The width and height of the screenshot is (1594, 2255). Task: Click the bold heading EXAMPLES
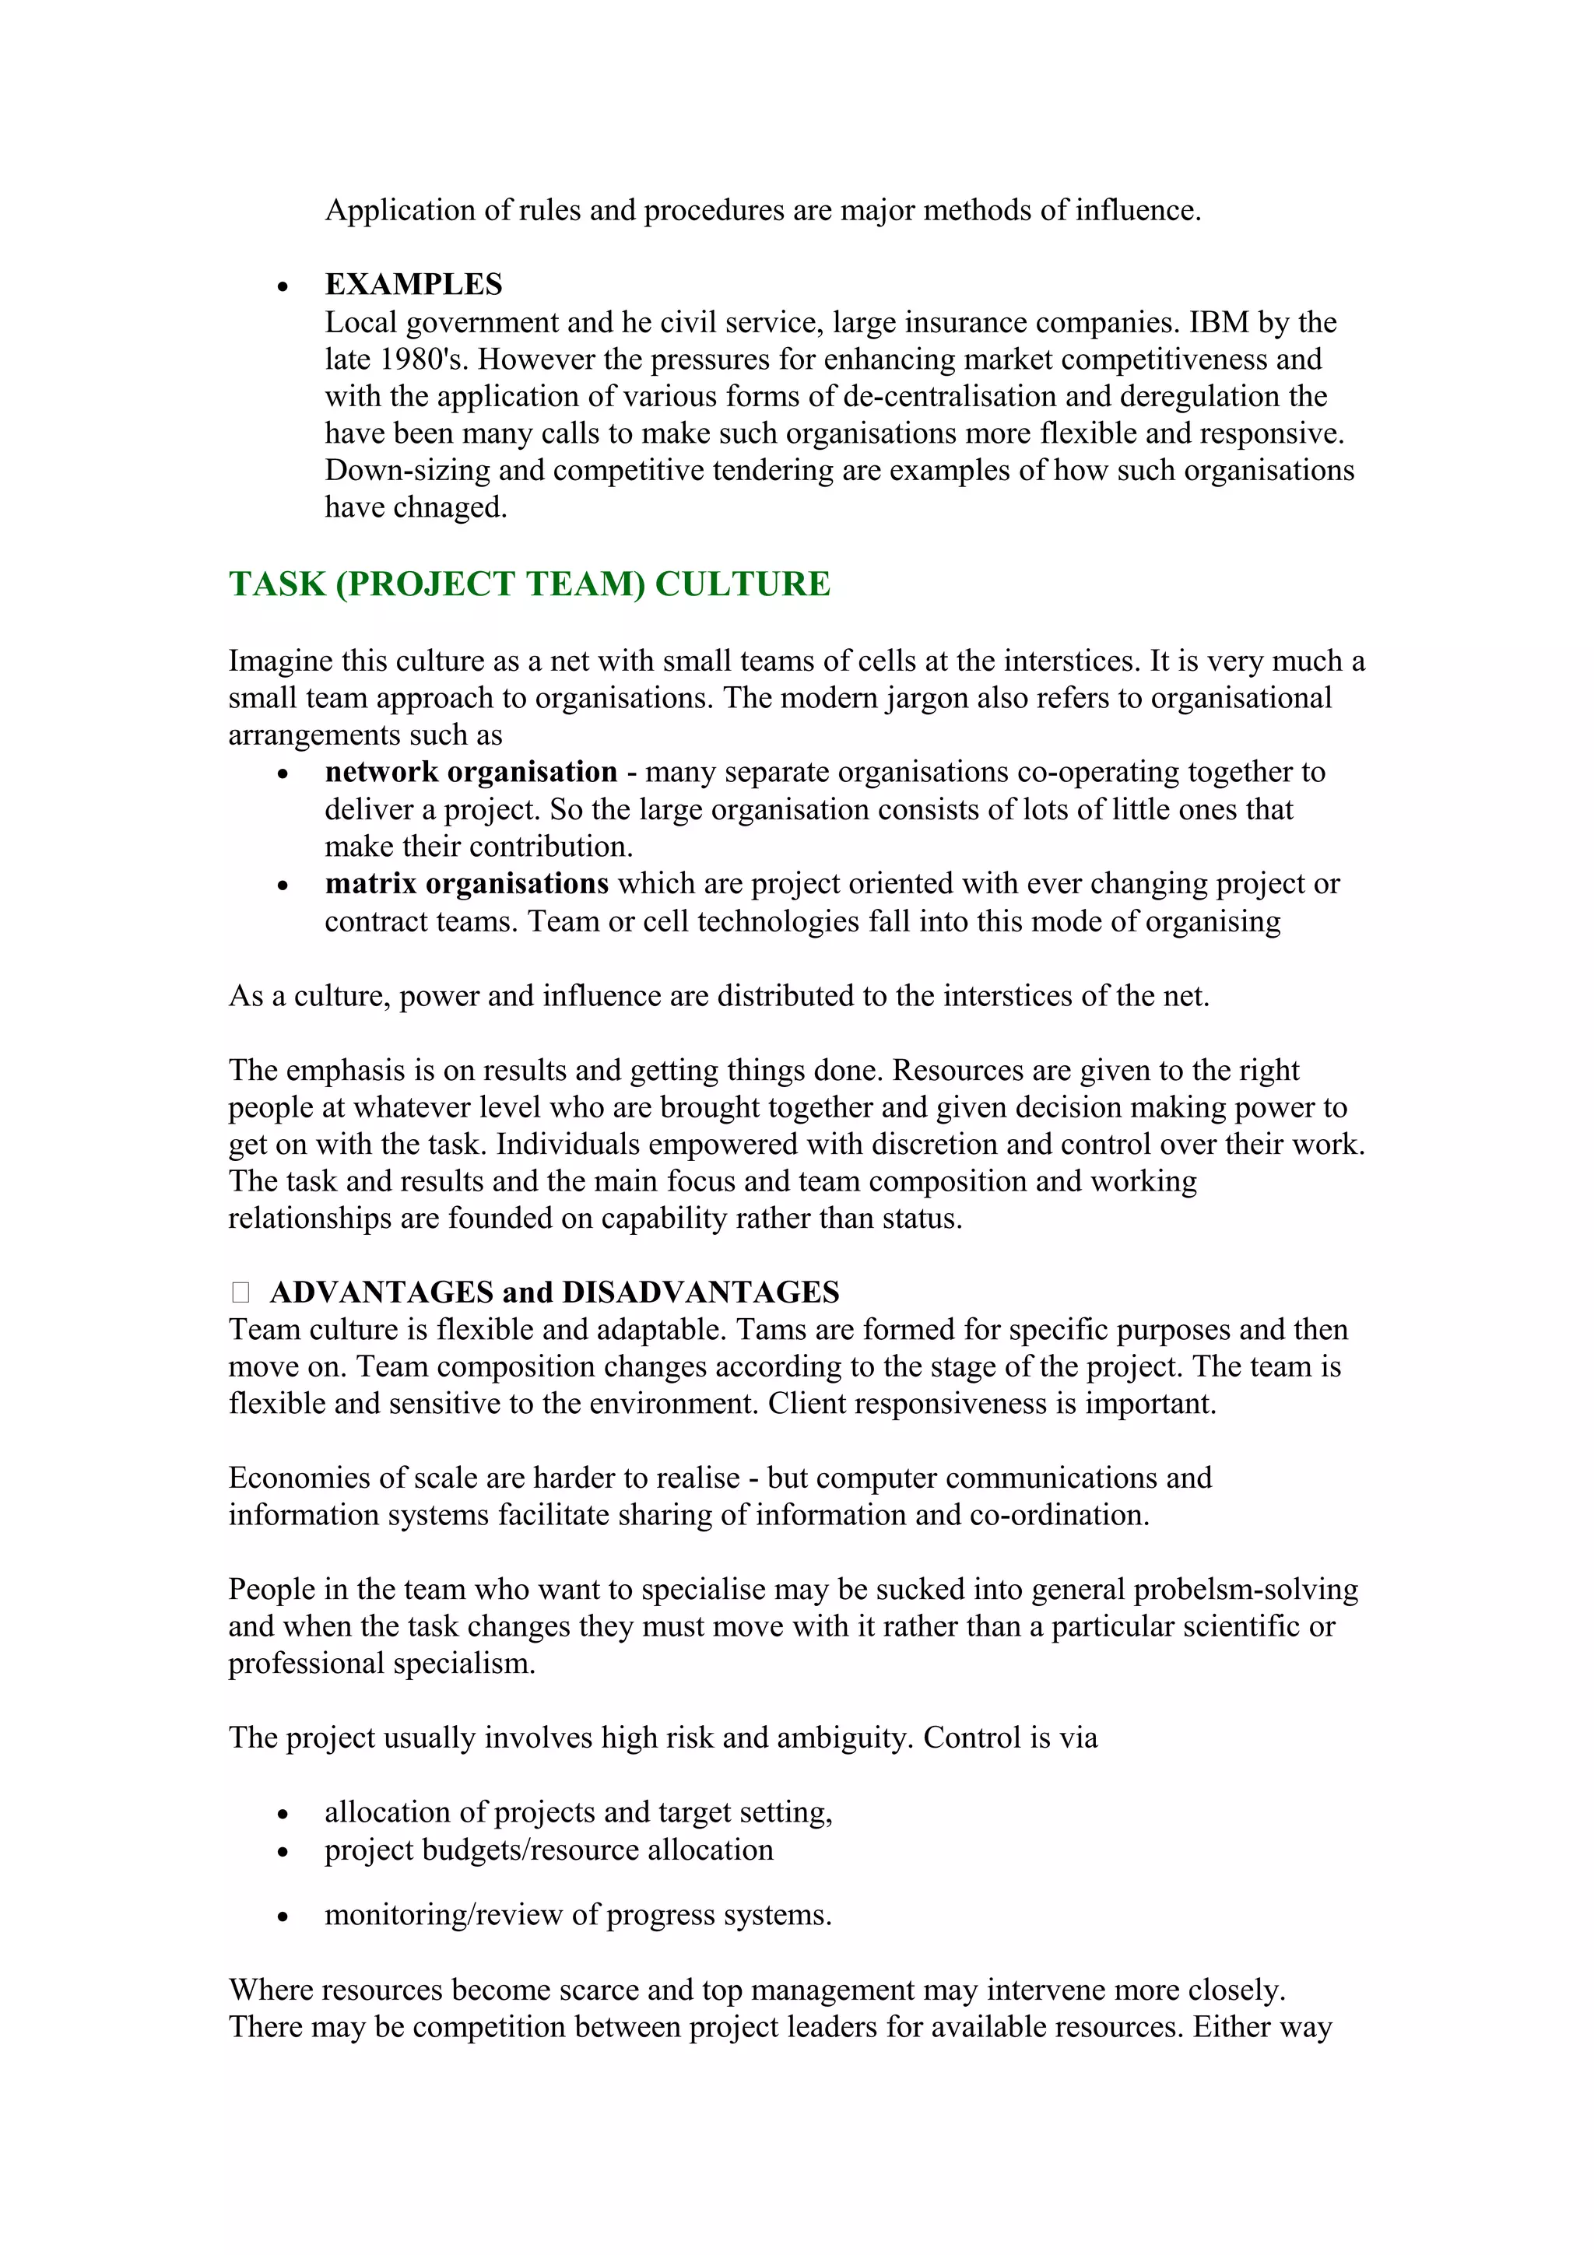(413, 285)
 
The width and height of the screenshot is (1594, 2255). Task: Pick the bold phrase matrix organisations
(466, 884)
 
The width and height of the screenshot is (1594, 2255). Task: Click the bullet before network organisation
(283, 775)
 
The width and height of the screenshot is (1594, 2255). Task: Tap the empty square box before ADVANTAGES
(241, 1292)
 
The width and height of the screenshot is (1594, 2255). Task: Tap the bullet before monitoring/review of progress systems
(283, 1917)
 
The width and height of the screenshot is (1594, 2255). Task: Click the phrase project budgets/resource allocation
(549, 1850)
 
